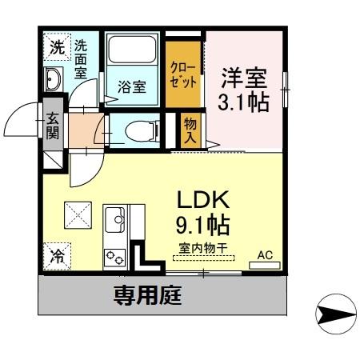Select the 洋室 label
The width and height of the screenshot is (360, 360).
pos(243,78)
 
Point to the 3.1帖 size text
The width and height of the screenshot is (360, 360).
pos(243,102)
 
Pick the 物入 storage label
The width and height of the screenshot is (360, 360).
pos(190,130)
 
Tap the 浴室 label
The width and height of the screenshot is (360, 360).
pos(133,86)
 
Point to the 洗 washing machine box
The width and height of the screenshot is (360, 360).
pos(55,46)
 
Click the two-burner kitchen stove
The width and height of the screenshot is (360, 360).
pos(114,257)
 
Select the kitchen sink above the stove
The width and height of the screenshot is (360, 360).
pos(114,218)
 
